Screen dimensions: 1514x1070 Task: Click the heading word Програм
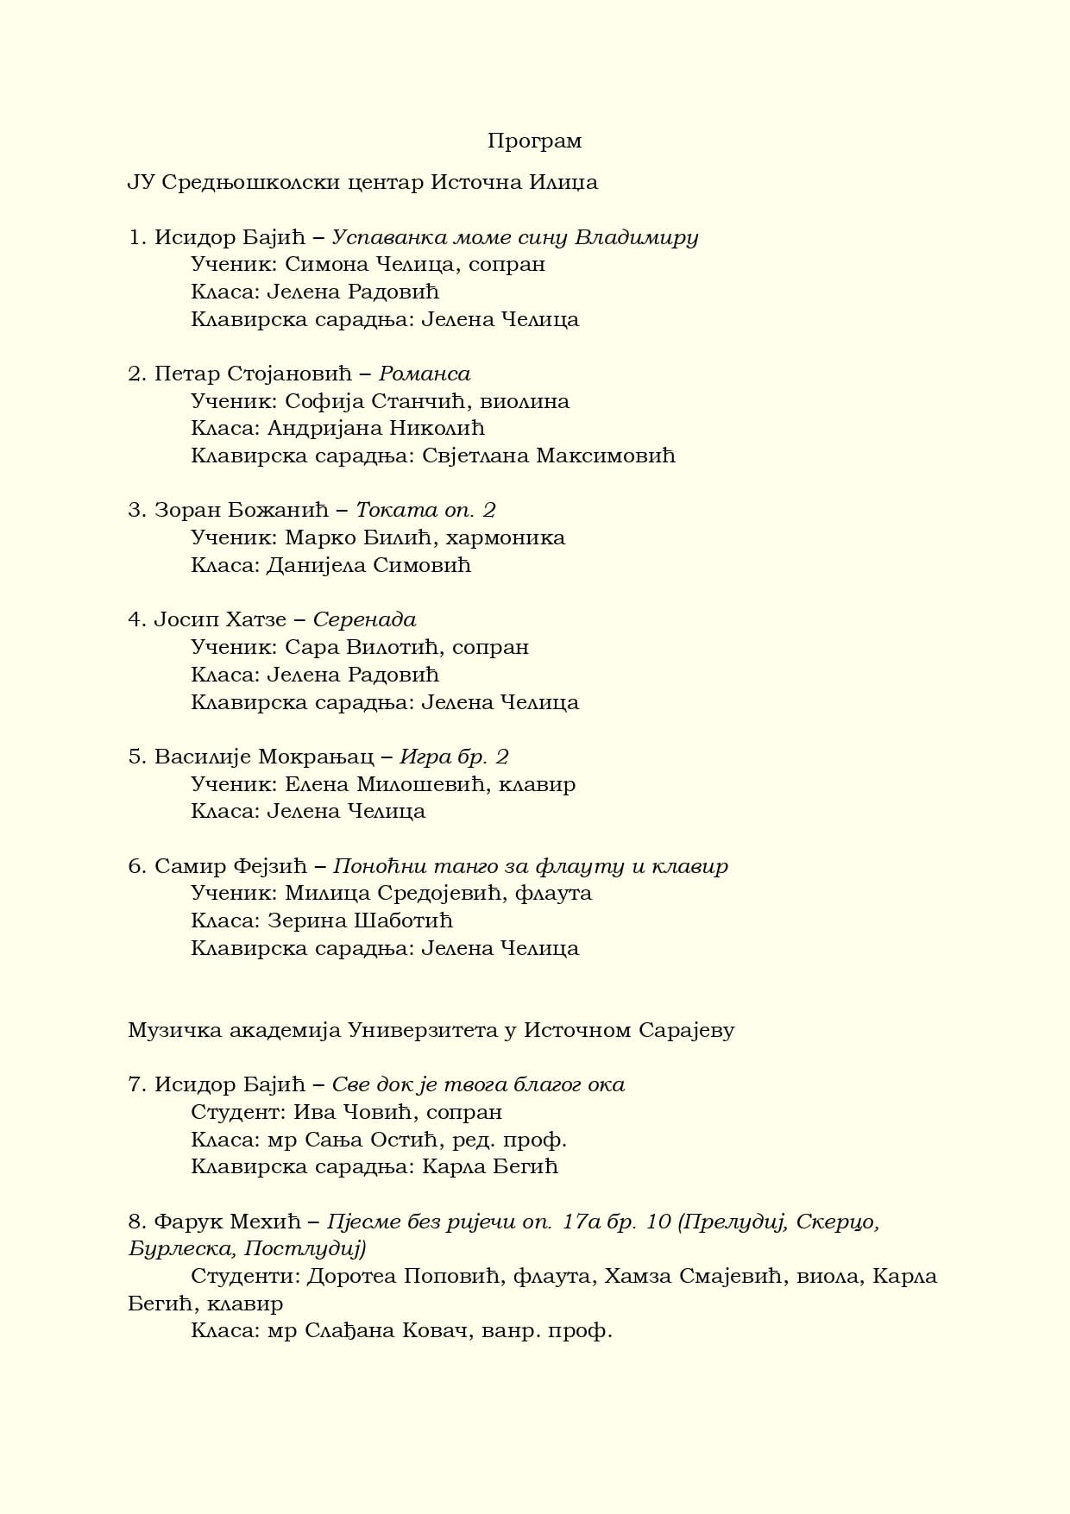click(x=534, y=141)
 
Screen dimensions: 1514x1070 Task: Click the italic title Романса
click(x=425, y=374)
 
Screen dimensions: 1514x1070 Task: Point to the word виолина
click(x=525, y=401)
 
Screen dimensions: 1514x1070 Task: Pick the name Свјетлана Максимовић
click(x=548, y=455)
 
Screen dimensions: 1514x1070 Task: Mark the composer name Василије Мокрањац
click(x=264, y=757)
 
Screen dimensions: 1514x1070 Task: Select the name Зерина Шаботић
click(x=360, y=920)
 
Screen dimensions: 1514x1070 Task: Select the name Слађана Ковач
click(x=388, y=1330)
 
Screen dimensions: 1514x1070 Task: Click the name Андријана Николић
click(x=375, y=428)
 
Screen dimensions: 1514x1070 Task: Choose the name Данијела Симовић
click(x=368, y=565)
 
